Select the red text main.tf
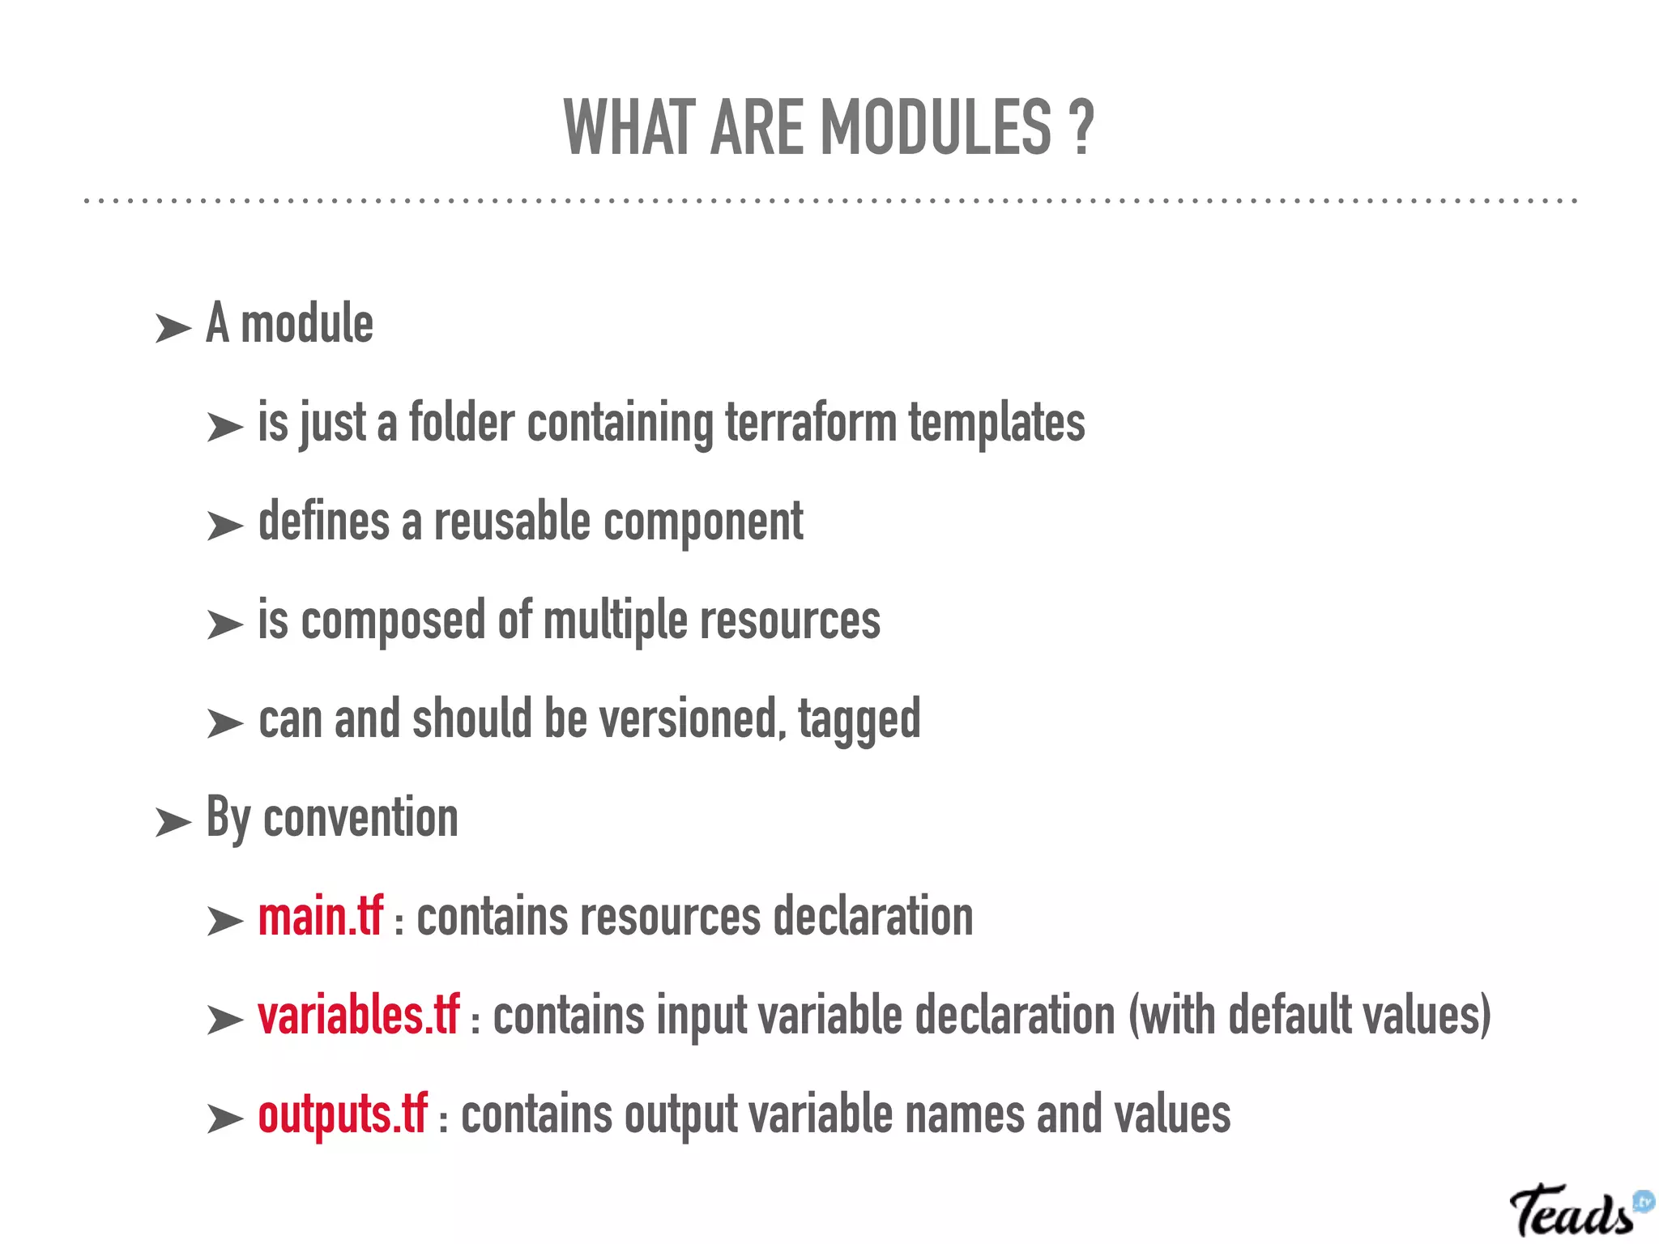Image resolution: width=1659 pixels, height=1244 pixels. (320, 917)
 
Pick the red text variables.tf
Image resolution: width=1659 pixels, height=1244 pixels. (358, 1016)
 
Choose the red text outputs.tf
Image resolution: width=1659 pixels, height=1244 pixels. (342, 1114)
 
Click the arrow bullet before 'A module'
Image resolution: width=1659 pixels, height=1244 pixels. (173, 329)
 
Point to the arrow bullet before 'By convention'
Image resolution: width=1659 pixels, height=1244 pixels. (173, 823)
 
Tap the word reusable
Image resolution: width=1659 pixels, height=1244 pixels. (512, 522)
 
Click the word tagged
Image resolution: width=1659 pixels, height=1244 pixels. (859, 721)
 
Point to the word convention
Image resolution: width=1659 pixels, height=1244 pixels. (360, 818)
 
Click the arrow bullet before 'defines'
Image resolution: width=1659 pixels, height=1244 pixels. (224, 526)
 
